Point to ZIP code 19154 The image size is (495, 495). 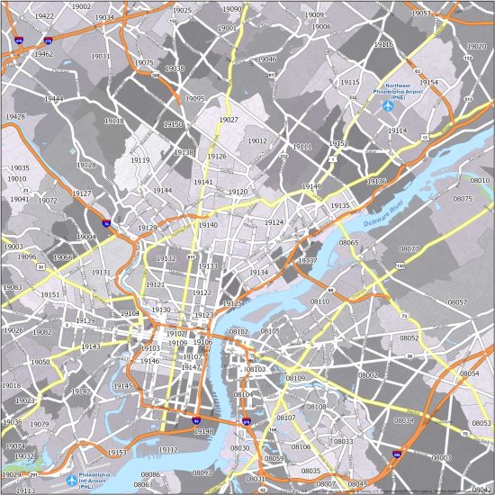(x=427, y=82)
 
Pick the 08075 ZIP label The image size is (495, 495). (x=462, y=198)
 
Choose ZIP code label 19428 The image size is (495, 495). (x=14, y=117)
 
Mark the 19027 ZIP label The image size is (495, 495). (x=229, y=120)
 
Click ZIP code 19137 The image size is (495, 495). (x=307, y=260)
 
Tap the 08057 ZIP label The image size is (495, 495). (x=458, y=302)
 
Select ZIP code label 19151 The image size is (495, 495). (x=49, y=294)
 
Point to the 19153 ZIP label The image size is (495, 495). (x=116, y=453)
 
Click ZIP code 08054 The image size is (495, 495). (x=470, y=373)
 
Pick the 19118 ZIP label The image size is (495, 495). (x=114, y=121)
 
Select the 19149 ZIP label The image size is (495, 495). (x=311, y=186)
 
